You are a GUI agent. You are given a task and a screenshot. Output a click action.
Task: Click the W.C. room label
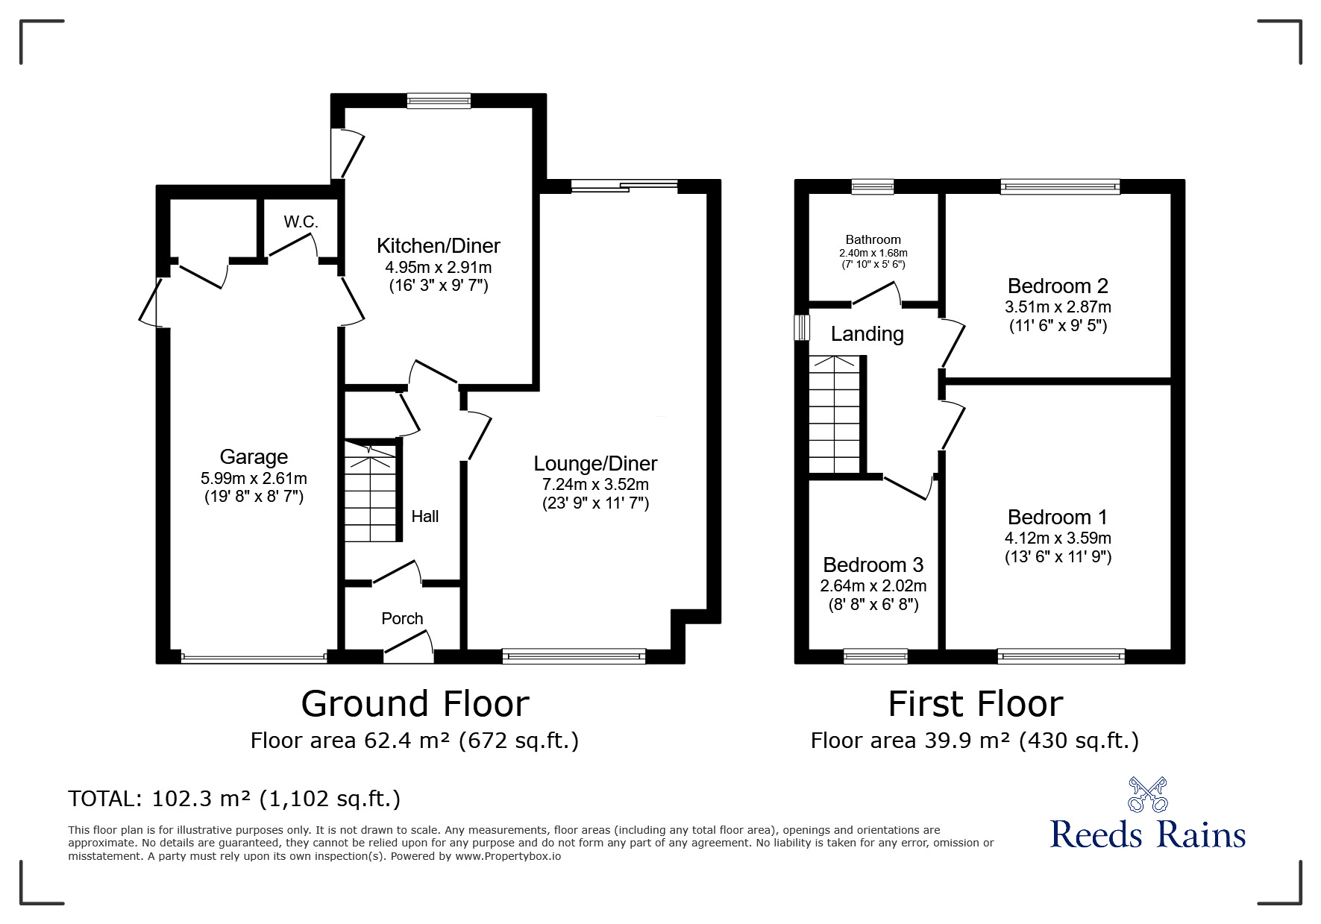[x=301, y=221]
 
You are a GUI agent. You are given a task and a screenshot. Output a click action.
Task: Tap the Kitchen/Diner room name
[x=439, y=245]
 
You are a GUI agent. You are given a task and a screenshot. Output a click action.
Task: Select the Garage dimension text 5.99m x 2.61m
[x=254, y=478]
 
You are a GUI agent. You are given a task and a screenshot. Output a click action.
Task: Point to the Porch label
[x=402, y=618]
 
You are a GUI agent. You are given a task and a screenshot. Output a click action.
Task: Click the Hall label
[x=425, y=516]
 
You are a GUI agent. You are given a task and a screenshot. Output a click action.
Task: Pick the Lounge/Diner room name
[x=595, y=463]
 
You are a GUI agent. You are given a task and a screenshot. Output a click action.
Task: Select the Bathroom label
[x=873, y=239]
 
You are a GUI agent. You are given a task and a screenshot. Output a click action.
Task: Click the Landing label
[x=867, y=334]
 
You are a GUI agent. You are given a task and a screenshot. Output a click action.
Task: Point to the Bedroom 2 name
[x=1058, y=286]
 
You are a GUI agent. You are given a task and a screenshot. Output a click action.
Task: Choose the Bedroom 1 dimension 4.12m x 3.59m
[x=1058, y=538]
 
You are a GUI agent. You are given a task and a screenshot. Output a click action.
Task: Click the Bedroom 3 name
[x=873, y=565]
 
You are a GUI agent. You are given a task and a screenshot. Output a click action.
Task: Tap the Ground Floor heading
[x=415, y=703]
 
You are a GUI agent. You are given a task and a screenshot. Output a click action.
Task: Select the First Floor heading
[x=975, y=703]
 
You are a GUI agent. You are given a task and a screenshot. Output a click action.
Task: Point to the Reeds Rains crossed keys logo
[x=1147, y=794]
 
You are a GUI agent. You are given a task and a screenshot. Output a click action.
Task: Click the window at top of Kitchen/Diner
[x=439, y=101]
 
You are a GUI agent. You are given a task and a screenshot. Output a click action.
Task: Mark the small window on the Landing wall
[x=802, y=327]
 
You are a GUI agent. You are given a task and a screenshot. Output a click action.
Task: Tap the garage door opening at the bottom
[x=254, y=657]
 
